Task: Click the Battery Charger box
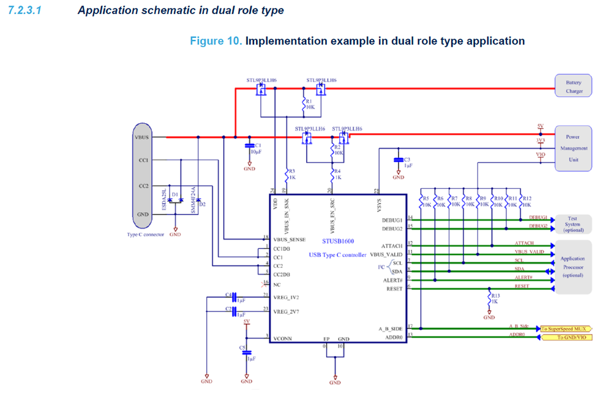(x=574, y=86)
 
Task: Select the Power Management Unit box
(x=574, y=148)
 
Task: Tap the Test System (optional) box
(x=574, y=224)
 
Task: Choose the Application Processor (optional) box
(x=574, y=267)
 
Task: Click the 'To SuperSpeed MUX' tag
(x=566, y=329)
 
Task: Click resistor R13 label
(x=493, y=296)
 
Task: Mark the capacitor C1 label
(x=258, y=145)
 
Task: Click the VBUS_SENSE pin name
(x=290, y=239)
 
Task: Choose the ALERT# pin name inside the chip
(x=393, y=280)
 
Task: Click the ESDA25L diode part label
(x=163, y=200)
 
